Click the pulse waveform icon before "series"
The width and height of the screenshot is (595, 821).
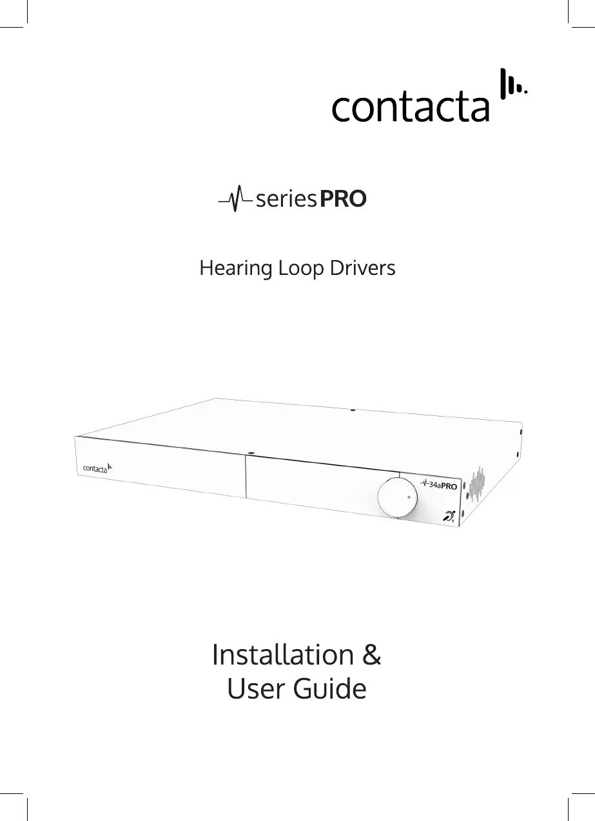coord(236,199)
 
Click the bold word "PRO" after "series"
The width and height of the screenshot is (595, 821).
coord(344,200)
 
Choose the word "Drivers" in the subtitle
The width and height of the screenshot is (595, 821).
coord(363,268)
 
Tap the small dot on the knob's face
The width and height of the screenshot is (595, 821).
coord(409,496)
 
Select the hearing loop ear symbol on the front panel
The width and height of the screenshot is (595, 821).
coord(449,515)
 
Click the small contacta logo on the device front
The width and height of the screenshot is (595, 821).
coord(97,467)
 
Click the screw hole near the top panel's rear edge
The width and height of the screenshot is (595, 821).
coord(353,410)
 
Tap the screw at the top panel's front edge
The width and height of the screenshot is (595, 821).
coord(251,452)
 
